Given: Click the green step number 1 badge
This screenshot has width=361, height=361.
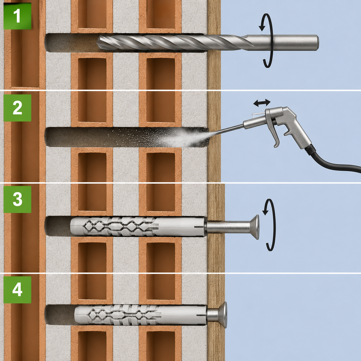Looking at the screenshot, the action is click(x=17, y=16).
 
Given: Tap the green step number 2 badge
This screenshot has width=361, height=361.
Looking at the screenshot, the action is click(x=17, y=108).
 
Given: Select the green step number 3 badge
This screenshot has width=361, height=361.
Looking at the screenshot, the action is click(x=17, y=199).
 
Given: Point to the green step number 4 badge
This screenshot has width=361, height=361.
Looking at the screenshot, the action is click(x=17, y=290).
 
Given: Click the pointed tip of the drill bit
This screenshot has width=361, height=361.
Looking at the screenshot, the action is click(x=97, y=43).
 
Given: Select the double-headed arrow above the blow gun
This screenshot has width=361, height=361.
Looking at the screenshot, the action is click(x=262, y=103).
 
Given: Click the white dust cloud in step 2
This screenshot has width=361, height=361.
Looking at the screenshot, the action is click(x=178, y=138).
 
